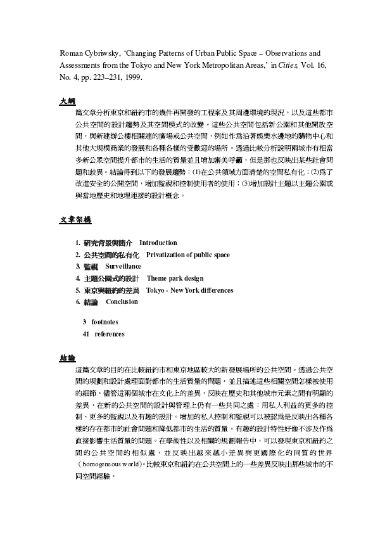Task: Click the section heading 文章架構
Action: click(x=75, y=220)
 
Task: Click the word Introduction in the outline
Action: click(x=158, y=243)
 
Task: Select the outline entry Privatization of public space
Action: click(x=187, y=255)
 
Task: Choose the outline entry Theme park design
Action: click(x=175, y=278)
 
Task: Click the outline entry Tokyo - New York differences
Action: click(x=189, y=290)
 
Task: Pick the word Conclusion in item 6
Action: click(x=122, y=302)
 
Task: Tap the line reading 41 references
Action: click(x=103, y=334)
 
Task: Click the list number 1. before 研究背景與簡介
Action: click(x=77, y=243)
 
